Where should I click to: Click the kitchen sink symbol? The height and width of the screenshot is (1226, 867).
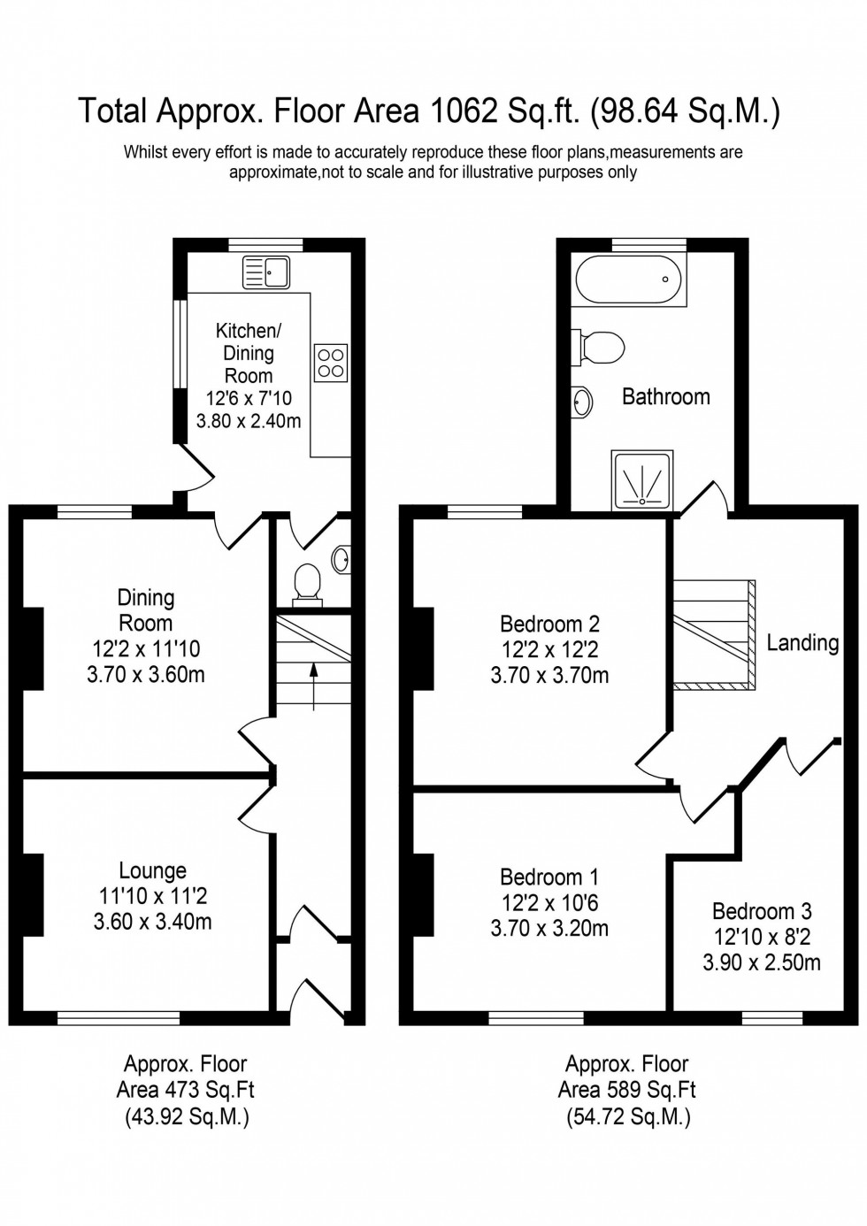(265, 272)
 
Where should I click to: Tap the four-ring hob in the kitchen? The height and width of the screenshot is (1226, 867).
(331, 363)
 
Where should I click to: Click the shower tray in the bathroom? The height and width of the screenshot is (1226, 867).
(641, 480)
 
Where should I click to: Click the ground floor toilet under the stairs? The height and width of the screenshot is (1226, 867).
(308, 584)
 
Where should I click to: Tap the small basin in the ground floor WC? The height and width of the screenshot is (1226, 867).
(341, 558)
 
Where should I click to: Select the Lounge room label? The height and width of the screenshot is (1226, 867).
(152, 871)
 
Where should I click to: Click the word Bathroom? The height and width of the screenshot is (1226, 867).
(665, 396)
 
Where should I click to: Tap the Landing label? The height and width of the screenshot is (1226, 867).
(802, 642)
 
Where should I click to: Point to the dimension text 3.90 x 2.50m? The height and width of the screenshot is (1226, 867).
(761, 962)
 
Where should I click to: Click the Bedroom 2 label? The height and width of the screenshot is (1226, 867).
(549, 624)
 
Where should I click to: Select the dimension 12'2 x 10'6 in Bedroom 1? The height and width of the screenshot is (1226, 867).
(549, 903)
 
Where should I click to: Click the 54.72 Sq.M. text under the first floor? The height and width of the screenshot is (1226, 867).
(628, 1116)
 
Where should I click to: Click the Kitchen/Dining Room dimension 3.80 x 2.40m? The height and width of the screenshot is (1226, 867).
(249, 421)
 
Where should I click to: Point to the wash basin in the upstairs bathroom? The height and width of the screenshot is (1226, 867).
(581, 402)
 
